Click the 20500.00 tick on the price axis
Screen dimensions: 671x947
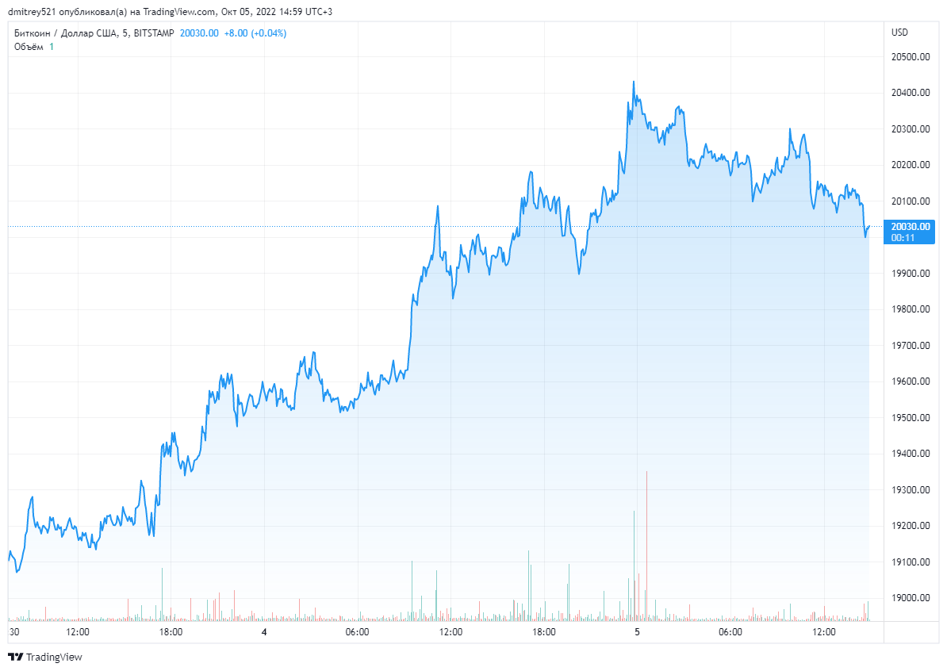(911, 57)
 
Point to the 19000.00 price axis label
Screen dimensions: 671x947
(911, 598)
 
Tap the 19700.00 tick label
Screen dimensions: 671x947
(911, 346)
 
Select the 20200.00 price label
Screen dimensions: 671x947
(911, 165)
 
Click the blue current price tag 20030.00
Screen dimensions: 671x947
(911, 226)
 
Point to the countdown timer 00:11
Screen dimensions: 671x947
(903, 237)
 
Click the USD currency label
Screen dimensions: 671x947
(900, 33)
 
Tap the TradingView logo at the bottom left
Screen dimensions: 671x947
(45, 657)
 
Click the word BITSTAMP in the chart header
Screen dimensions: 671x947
(154, 33)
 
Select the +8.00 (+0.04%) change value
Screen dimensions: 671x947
(255, 33)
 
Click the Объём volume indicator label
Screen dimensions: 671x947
(29, 47)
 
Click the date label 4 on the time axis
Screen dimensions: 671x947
(264, 632)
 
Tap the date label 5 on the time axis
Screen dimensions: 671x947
(637, 632)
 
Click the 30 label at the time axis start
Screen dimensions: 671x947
(13, 632)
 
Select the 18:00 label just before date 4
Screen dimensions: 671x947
(171, 632)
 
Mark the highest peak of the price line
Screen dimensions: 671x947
(633, 82)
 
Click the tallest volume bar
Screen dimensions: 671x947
(646, 547)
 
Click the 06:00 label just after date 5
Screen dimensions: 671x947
(730, 632)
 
